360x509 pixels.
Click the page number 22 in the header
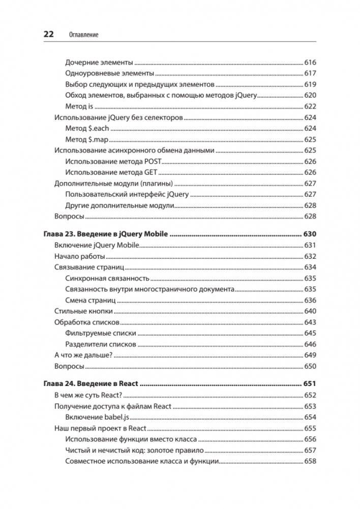pos(48,35)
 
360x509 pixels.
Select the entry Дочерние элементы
pos(99,63)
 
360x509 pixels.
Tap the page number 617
pos(310,73)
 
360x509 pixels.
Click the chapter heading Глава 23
pos(57,234)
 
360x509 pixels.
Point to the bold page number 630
pos(310,234)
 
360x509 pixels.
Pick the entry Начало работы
pos(79,256)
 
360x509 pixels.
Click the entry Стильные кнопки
pos(83,311)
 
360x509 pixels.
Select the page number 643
pos(310,322)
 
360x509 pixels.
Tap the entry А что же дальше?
pos(83,355)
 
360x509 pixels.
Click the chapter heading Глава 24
pos(57,384)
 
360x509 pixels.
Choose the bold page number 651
pos(310,384)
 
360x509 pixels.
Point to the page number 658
pos(310,461)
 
